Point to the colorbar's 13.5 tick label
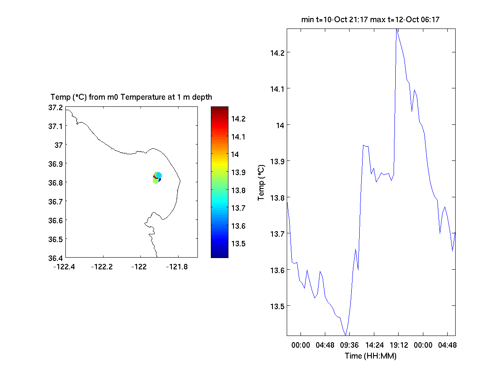click(x=238, y=244)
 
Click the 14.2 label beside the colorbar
click(x=238, y=119)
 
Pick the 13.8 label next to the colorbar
click(x=238, y=190)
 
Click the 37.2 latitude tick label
click(x=56, y=108)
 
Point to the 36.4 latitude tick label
click(x=56, y=258)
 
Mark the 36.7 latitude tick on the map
click(x=56, y=201)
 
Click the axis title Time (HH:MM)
click(x=371, y=356)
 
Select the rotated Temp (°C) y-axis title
click(x=261, y=182)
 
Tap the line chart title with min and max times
click(x=371, y=19)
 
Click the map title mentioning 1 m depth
click(x=131, y=97)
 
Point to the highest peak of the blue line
click(x=397, y=30)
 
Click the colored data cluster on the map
click(x=157, y=178)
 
